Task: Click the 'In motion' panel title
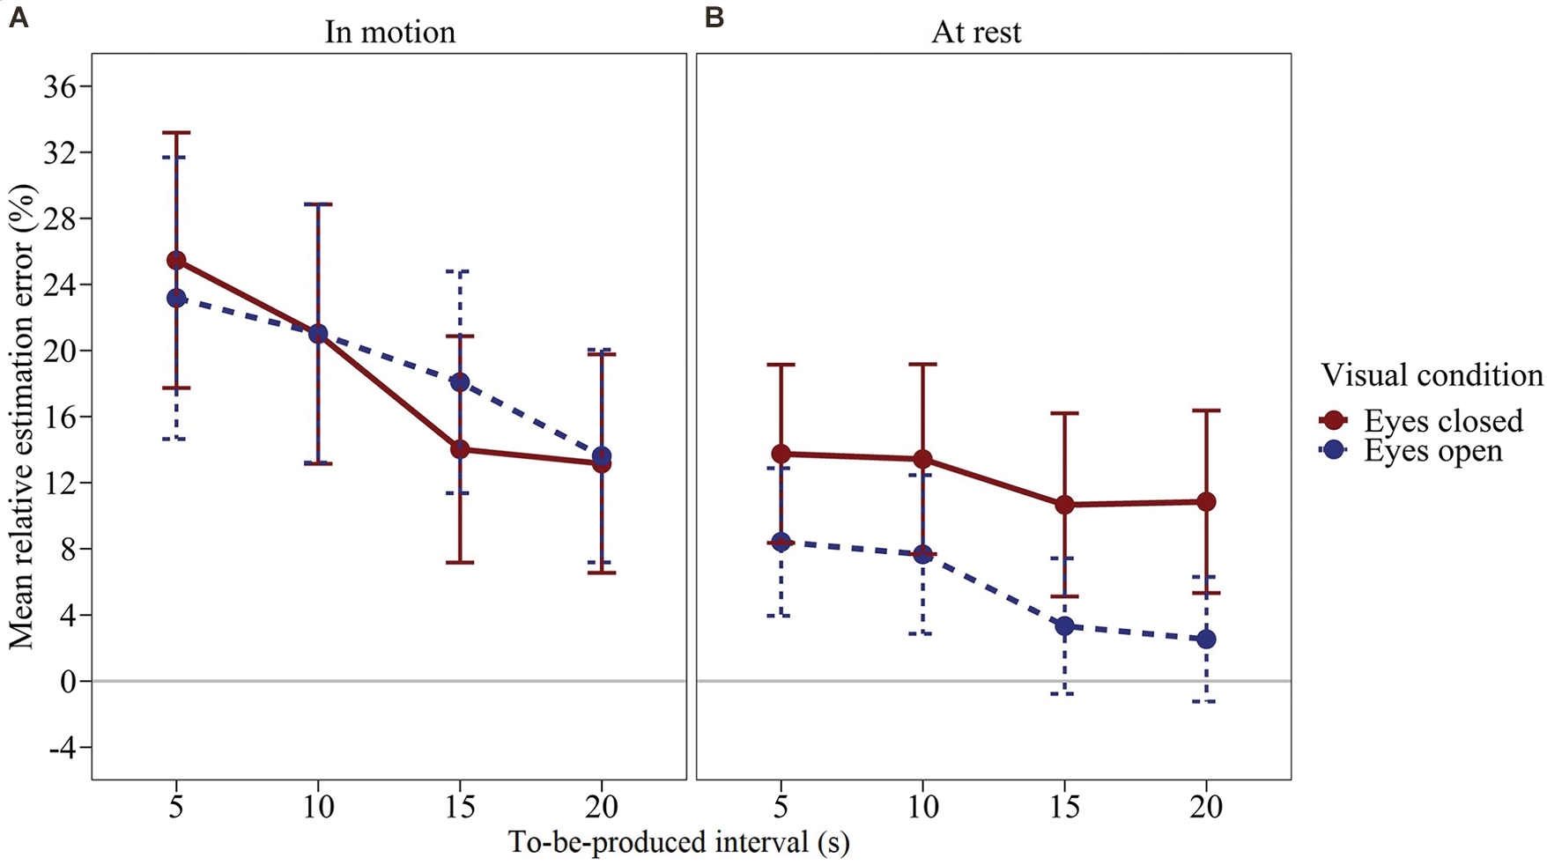389,32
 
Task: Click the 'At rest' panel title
976,32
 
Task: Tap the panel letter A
18,17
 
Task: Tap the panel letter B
714,17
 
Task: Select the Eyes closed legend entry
1442,420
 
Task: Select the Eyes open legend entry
1432,450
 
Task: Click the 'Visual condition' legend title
1432,375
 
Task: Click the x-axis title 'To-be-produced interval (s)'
678,842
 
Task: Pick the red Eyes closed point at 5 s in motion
176,260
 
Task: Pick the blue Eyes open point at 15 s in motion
459,382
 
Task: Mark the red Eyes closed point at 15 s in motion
459,449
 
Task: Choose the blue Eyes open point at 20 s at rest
1206,639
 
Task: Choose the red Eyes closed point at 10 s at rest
922,459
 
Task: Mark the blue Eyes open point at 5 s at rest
781,542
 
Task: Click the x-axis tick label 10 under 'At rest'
922,806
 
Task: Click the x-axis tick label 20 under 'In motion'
601,806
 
